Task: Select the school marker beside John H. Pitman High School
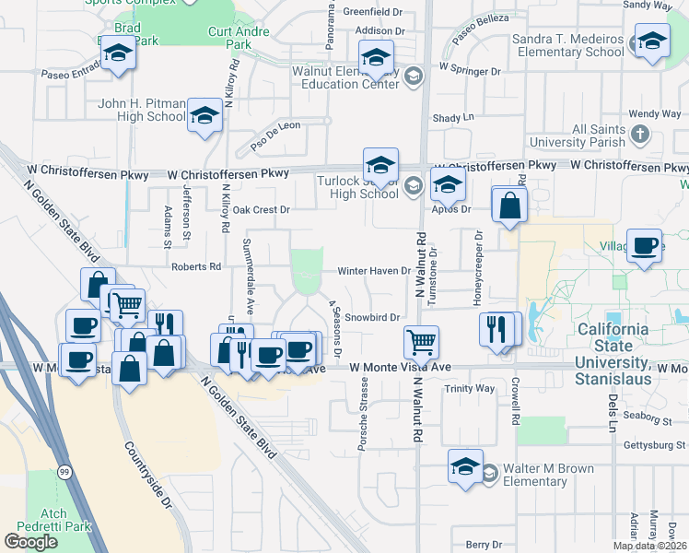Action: click(204, 117)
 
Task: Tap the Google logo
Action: click(30, 542)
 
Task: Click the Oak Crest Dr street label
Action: click(261, 210)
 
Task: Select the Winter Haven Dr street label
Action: click(372, 271)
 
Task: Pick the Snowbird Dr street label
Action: click(372, 317)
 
